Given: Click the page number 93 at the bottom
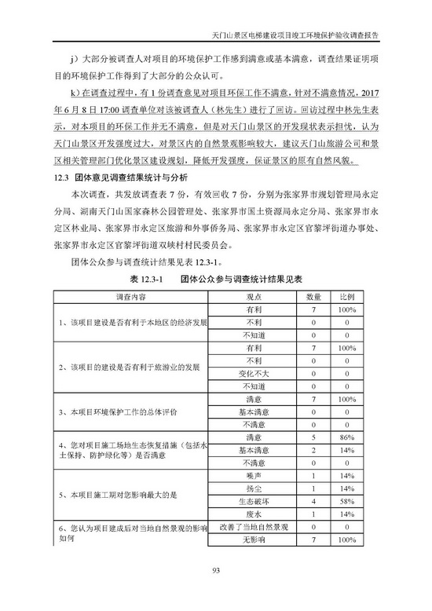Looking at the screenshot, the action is (215, 572).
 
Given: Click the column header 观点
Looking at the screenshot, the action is (254, 298).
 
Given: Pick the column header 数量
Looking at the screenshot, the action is (313, 298).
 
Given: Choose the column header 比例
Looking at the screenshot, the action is (346, 298).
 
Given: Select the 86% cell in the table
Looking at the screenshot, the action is (346, 437).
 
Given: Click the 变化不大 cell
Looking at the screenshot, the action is (254, 373).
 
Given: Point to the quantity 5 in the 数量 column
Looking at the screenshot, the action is (313, 437).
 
